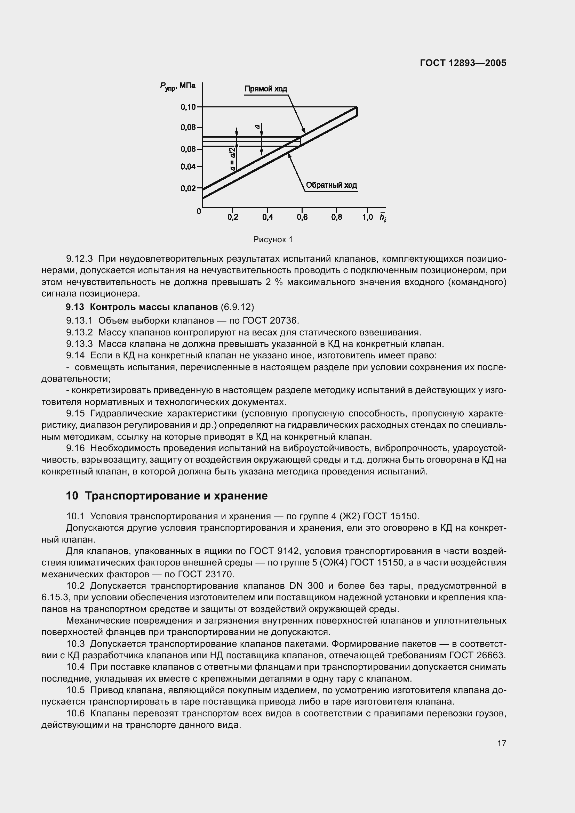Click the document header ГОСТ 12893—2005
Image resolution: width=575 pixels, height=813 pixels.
click(463, 63)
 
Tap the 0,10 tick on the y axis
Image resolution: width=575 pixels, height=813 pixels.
click(189, 107)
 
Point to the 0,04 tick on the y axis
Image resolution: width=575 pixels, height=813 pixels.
click(189, 166)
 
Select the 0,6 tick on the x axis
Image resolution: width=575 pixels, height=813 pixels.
click(302, 217)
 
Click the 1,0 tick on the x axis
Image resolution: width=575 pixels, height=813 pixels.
click(368, 217)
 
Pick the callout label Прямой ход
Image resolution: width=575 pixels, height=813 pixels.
click(266, 89)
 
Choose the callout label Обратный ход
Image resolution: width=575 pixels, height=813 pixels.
click(331, 185)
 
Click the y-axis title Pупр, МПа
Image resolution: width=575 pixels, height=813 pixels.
click(177, 86)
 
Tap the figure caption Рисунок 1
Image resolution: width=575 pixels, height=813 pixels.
click(273, 240)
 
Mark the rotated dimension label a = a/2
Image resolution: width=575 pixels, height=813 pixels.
click(233, 159)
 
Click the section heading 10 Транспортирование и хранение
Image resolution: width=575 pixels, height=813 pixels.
click(167, 496)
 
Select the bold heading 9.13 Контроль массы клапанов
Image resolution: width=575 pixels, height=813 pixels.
click(142, 306)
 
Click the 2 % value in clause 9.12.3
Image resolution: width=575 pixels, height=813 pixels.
click(272, 282)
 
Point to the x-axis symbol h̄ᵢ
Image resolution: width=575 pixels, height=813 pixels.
click(383, 217)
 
